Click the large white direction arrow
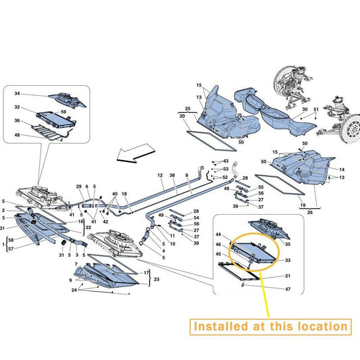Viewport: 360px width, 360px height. point(136,153)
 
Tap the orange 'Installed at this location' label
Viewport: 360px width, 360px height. point(270,327)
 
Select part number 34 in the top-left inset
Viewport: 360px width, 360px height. point(17,93)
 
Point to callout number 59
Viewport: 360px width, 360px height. point(63,112)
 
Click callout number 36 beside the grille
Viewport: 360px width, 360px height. point(17,120)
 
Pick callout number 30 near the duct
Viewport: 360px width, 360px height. point(305,109)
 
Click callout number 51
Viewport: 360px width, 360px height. point(316,109)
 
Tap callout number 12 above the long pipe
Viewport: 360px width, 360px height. point(160,175)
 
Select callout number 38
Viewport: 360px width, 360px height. point(172,175)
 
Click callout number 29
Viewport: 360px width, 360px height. point(79,186)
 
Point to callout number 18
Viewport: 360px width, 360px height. point(124,194)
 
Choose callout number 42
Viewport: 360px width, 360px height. point(105,222)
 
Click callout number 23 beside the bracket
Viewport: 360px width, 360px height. point(156,280)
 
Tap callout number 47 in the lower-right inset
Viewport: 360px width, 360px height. point(288,289)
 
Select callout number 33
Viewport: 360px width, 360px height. point(288,260)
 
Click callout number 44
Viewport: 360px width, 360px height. point(218,234)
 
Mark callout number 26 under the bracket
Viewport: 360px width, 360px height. point(310,212)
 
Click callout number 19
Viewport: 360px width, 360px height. point(303,205)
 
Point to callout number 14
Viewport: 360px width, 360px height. point(342,170)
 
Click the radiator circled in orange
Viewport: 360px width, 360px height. point(253,252)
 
